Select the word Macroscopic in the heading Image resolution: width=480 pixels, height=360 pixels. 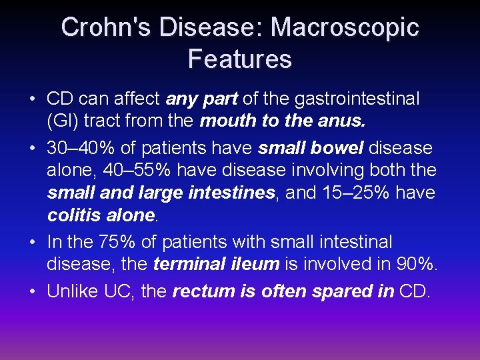point(345,27)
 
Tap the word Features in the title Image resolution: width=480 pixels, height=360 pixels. point(240,59)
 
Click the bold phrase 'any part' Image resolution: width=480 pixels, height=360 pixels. point(201,99)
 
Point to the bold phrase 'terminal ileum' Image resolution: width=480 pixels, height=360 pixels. point(216,264)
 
